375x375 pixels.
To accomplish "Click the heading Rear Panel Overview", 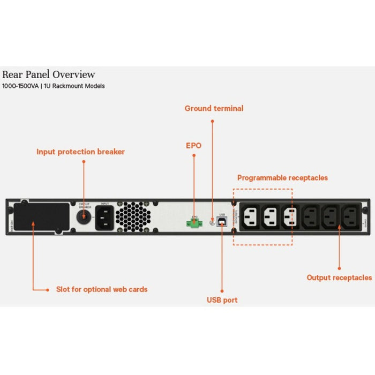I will (x=49, y=74).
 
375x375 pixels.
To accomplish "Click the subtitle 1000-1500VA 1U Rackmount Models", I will (x=54, y=86).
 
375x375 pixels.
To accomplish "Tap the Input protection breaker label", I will (x=80, y=152).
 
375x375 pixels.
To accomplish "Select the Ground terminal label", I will (x=214, y=108).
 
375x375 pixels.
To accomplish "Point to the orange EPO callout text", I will (x=193, y=145).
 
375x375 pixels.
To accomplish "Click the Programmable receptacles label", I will (x=282, y=177).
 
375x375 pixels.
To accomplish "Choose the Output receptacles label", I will (x=339, y=277).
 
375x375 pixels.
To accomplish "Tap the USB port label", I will (x=222, y=299).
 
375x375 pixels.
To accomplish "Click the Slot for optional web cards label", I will (x=102, y=289).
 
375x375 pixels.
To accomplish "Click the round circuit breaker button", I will (x=84, y=217).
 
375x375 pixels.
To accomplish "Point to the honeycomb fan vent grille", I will (x=130, y=217).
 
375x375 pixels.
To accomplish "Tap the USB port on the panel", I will (x=222, y=221).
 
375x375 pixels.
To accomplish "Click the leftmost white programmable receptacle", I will (x=252, y=217).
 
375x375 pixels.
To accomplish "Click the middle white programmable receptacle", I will (x=271, y=217).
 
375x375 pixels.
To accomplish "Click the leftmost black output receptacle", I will (x=311, y=217).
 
